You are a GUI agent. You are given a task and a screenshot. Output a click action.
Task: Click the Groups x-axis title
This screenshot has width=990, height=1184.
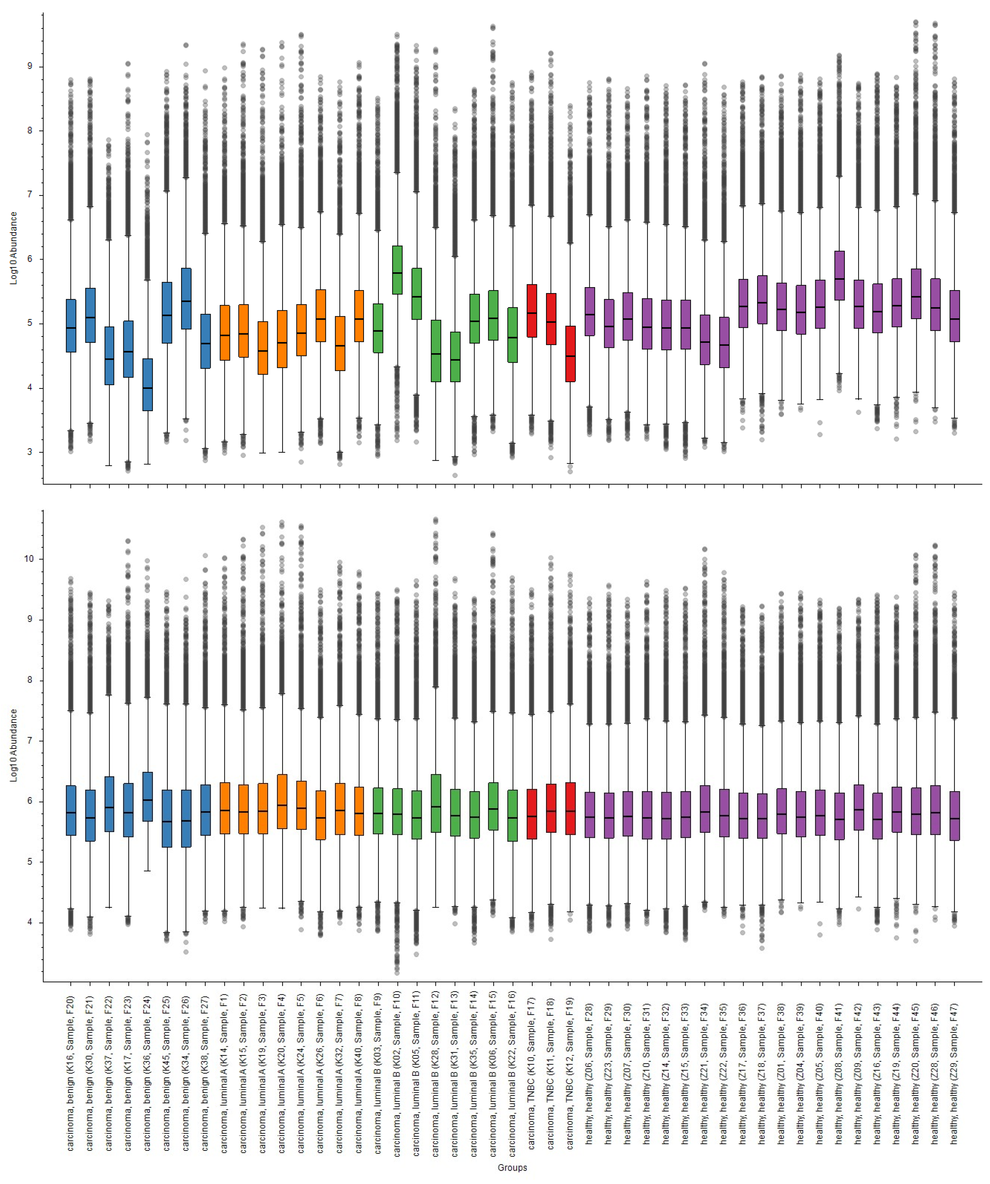[512, 1167]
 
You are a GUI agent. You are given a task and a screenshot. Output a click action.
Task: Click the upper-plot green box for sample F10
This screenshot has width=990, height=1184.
[397, 270]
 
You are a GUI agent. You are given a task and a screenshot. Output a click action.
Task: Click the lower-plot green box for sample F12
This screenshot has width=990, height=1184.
[436, 804]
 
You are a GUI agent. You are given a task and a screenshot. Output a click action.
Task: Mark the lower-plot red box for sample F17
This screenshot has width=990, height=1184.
[531, 814]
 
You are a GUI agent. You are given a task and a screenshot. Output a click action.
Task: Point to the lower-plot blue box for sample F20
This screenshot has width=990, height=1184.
[71, 810]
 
